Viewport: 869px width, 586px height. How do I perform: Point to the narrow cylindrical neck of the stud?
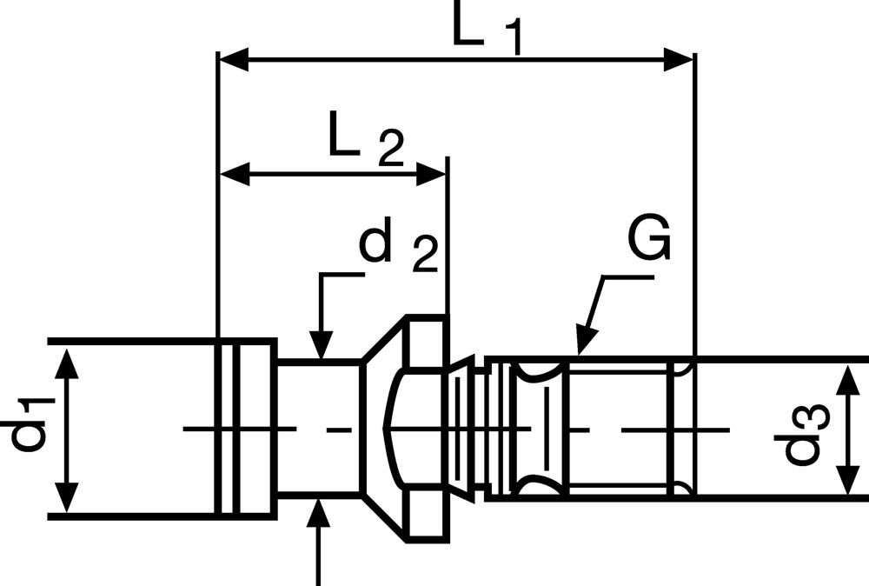[x=318, y=429]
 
